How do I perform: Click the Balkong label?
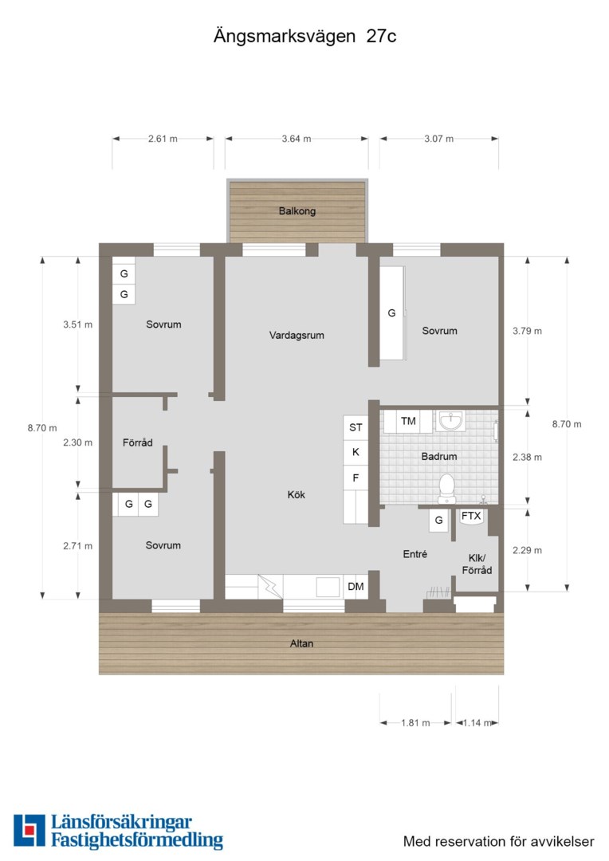click(297, 210)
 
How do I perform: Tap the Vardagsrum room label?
click(297, 335)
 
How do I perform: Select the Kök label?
click(296, 494)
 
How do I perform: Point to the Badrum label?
click(438, 456)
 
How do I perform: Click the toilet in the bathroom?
click(446, 488)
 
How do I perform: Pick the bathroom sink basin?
click(451, 421)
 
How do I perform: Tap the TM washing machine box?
click(408, 421)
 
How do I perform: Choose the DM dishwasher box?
click(356, 587)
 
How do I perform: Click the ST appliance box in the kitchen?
click(356, 427)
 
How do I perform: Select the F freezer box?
click(356, 478)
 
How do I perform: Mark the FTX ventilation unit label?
click(471, 516)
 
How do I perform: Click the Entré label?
click(415, 554)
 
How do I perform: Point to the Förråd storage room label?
click(137, 442)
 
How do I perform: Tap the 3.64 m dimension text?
click(297, 139)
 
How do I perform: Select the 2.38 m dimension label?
click(527, 457)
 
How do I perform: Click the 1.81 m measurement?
click(415, 722)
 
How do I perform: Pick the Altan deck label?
click(301, 643)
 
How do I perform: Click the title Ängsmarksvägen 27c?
click(304, 36)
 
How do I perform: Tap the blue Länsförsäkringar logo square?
click(29, 830)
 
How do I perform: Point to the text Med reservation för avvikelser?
click(499, 841)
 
